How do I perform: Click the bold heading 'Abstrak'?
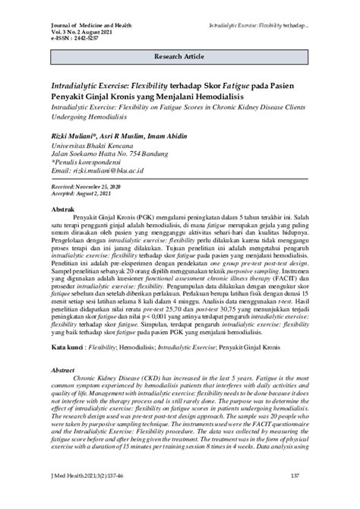pyautogui.click(x=62, y=207)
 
